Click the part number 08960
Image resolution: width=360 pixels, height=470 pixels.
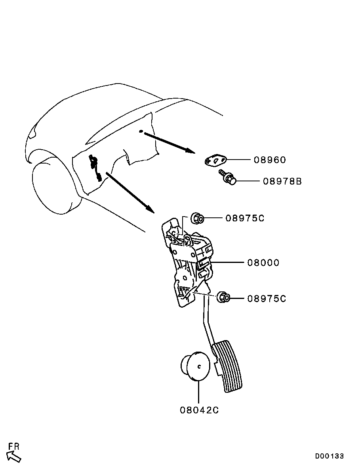click(270, 160)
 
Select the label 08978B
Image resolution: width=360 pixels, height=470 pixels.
click(282, 181)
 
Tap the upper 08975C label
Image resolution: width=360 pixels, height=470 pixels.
click(245, 218)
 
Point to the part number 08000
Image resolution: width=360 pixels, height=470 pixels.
click(263, 263)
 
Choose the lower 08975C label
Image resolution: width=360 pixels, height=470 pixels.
click(267, 299)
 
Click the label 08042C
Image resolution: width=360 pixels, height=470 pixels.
click(199, 410)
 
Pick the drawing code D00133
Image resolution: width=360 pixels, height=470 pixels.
click(330, 456)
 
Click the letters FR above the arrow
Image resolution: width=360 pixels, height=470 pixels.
click(14, 446)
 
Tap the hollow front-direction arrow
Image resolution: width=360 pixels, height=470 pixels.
click(14, 457)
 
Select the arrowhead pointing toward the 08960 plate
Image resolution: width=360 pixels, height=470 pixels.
click(190, 150)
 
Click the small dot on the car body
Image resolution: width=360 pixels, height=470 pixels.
click(141, 131)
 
